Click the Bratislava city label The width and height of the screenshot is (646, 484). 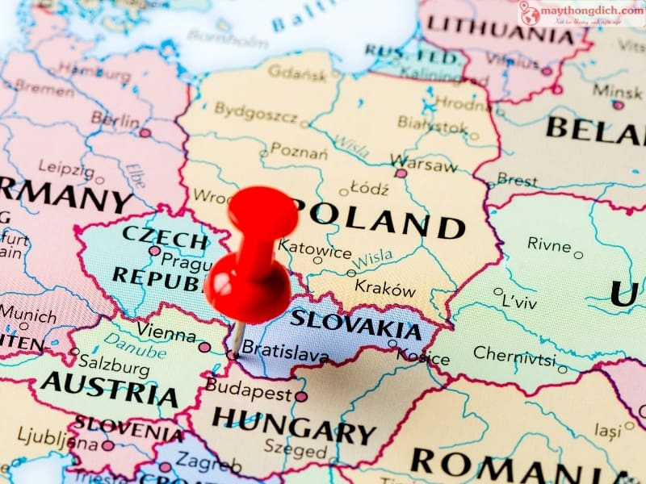point(285,353)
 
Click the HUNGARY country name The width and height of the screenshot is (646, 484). point(294,428)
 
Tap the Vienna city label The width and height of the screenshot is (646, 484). point(166,331)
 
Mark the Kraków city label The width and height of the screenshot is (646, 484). point(385,288)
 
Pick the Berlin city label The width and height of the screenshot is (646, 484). point(115,119)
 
